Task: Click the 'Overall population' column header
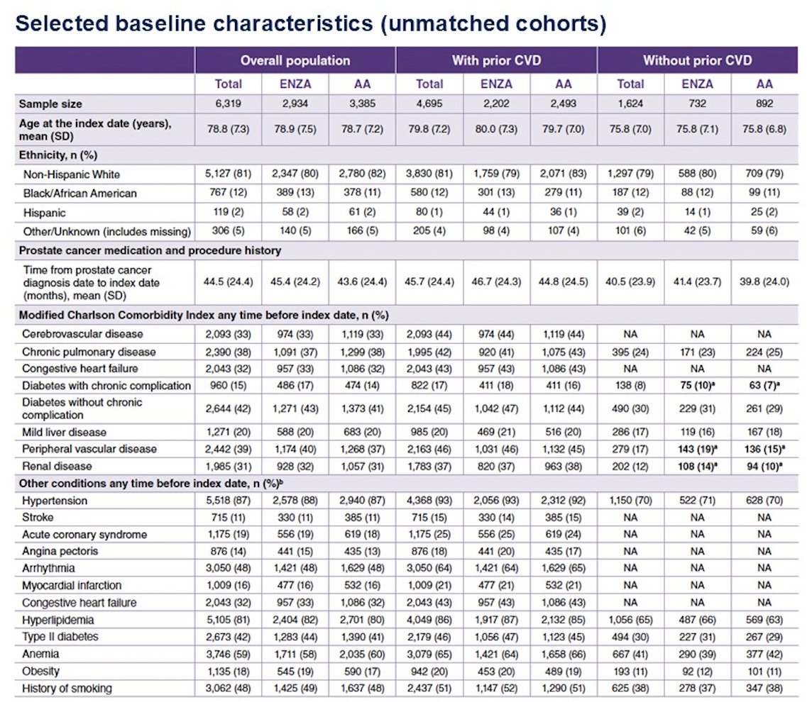coord(295,60)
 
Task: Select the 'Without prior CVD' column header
coord(697,60)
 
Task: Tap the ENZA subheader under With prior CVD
coord(496,84)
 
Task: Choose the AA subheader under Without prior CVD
coord(764,84)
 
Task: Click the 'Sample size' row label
coord(50,104)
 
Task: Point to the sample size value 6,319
coord(228,104)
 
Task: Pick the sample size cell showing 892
coord(764,104)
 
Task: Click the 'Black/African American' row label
coord(79,194)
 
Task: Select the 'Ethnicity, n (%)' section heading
coord(58,155)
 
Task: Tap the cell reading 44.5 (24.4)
coord(228,282)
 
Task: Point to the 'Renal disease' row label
coord(57,466)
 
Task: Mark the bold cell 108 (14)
coord(698,466)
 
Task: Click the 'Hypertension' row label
coord(55,501)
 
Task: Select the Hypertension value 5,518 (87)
coord(228,500)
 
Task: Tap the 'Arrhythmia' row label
coord(48,568)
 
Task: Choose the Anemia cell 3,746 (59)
coord(228,654)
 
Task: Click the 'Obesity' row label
coord(40,671)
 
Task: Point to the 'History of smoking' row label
coord(67,689)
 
